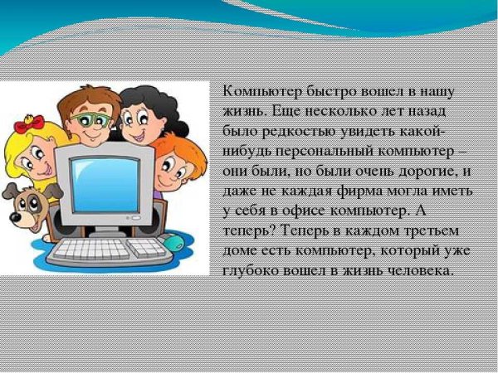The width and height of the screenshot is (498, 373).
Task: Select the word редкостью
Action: (x=291, y=130)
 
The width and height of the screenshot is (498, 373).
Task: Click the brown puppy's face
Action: (x=22, y=206)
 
